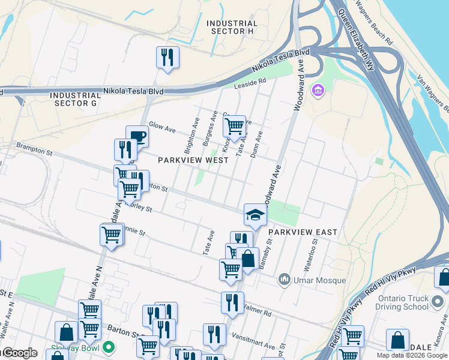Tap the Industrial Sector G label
[75, 99]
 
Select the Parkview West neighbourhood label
[193, 161]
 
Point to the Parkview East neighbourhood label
[303, 232]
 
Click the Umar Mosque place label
[320, 280]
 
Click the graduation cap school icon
[255, 215]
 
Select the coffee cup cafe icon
[137, 136]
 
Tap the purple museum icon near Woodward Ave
[318, 91]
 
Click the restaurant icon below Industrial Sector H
[167, 57]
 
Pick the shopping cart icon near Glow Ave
[234, 126]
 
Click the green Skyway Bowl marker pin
[109, 347]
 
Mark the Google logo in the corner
[19, 353]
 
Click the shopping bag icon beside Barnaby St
[247, 259]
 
